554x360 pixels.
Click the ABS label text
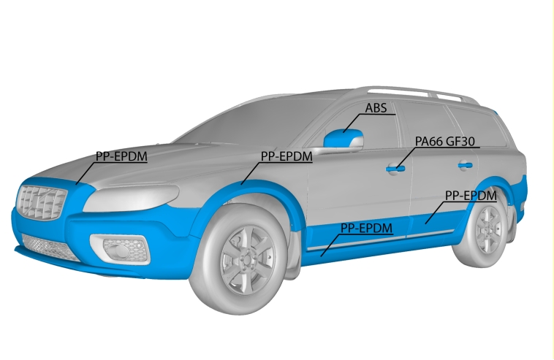click(x=376, y=108)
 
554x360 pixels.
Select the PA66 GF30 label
click(x=445, y=142)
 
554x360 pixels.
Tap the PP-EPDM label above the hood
click(x=121, y=156)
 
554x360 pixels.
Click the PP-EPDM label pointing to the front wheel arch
click(x=287, y=156)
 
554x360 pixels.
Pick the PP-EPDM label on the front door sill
click(x=366, y=228)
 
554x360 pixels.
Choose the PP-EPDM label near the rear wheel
click(x=471, y=196)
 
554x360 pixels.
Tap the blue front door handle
click(x=395, y=169)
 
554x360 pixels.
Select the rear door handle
click(x=465, y=165)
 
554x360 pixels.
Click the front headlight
click(x=131, y=198)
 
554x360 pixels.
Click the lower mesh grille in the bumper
click(x=51, y=248)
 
